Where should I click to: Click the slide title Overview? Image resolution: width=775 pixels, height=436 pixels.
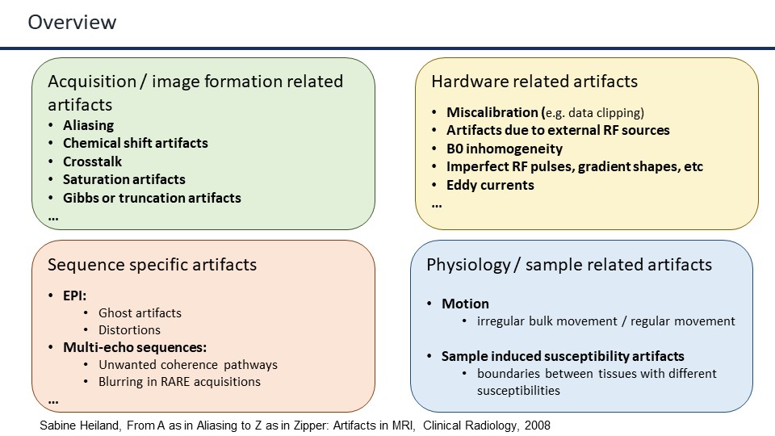click(72, 23)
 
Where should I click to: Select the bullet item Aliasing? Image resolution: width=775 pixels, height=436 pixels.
click(89, 125)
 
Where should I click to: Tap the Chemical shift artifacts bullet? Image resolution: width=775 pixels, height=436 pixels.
click(136, 143)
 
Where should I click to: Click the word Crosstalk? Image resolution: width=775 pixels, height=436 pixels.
click(93, 161)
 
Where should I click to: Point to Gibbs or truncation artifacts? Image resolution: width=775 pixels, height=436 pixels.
click(152, 198)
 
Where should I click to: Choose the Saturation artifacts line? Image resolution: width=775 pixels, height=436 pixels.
click(124, 179)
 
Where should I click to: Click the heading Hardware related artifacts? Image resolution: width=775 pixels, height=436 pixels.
click(534, 82)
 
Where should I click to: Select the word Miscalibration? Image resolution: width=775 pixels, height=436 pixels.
click(493, 112)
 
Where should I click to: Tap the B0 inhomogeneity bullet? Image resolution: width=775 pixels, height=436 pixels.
click(505, 149)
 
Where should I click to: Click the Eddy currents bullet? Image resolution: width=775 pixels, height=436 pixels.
click(490, 185)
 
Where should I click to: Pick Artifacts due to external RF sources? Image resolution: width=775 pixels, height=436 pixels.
click(558, 130)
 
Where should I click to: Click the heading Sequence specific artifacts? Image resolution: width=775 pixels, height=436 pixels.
click(152, 265)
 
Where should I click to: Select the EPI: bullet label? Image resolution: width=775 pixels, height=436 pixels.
click(75, 295)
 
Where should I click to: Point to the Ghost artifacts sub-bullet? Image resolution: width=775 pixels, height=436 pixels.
click(140, 312)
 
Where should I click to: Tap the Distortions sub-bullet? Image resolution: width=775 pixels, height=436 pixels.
click(129, 330)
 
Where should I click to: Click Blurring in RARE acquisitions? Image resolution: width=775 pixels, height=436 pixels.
click(179, 382)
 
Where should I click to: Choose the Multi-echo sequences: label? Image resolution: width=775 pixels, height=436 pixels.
click(135, 348)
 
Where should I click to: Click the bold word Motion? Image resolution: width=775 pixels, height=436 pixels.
click(465, 304)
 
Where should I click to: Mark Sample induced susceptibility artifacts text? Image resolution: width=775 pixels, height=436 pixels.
click(563, 356)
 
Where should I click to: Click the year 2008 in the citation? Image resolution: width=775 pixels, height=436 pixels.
click(537, 426)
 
